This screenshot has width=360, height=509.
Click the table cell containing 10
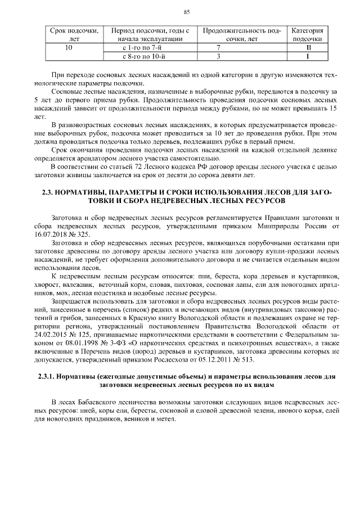[69, 48]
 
